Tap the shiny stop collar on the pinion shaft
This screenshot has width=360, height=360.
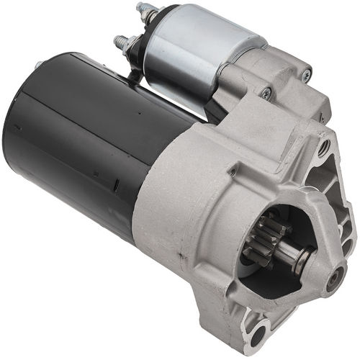click(x=300, y=255)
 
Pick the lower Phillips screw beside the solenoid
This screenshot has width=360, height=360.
click(x=266, y=94)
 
